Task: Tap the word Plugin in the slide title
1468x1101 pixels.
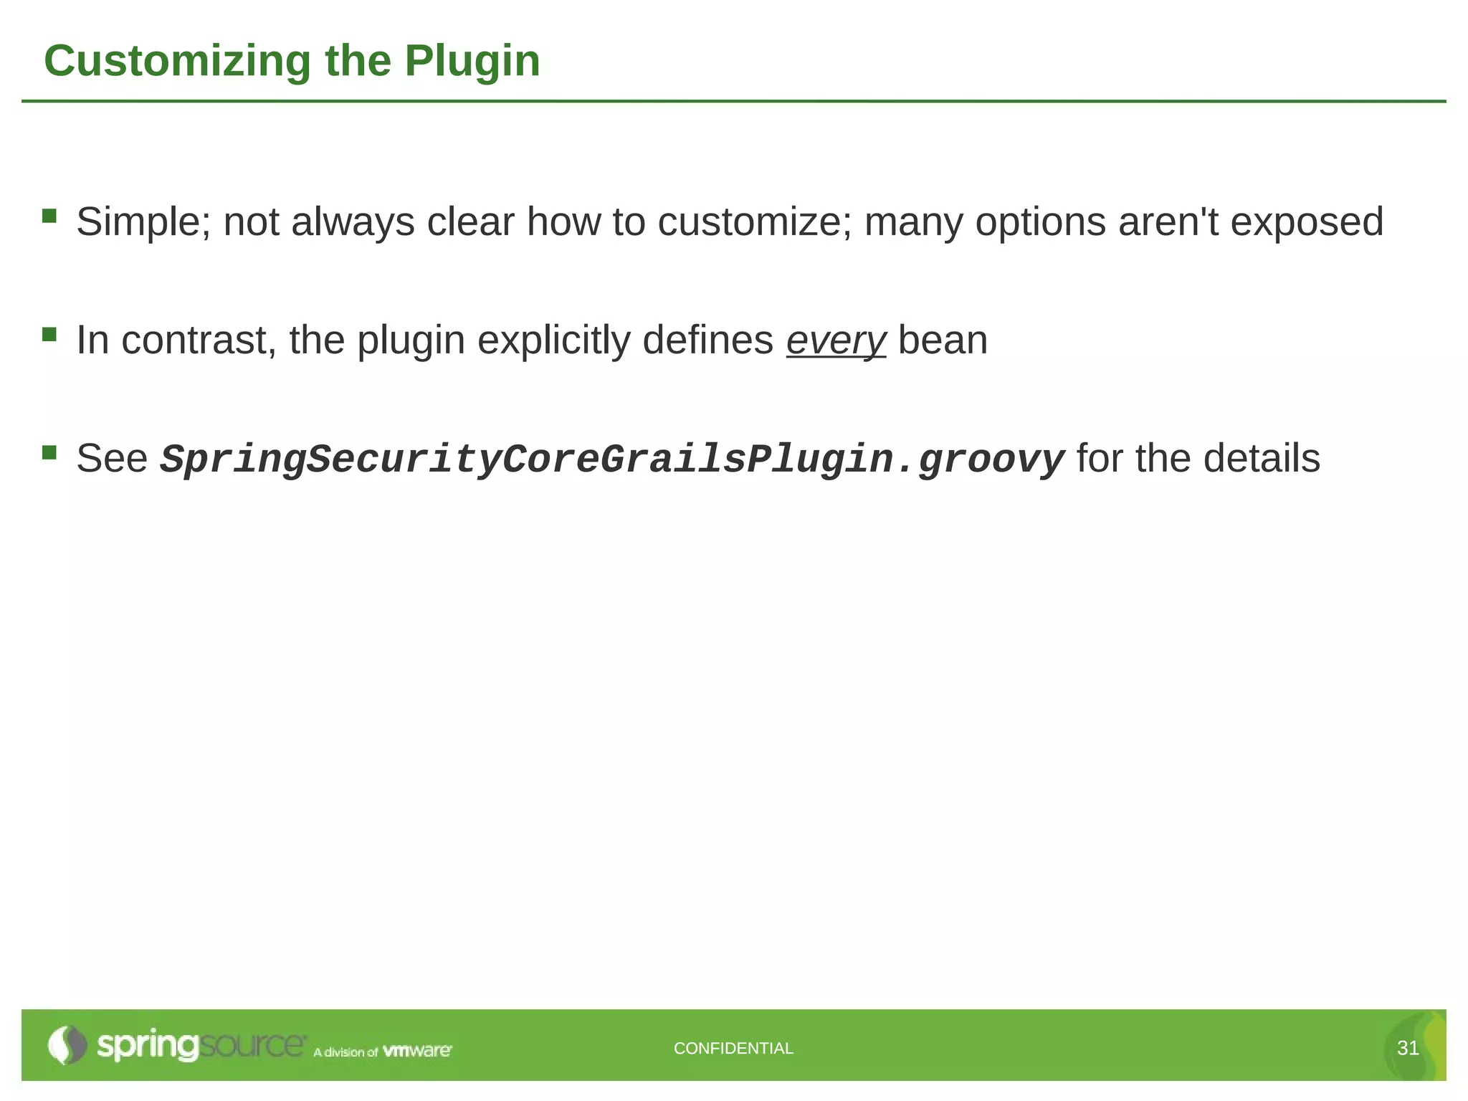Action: pos(472,61)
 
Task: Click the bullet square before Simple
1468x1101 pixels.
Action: pos(49,216)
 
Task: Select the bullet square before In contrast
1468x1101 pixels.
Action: pos(49,334)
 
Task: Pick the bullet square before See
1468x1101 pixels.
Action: pos(49,452)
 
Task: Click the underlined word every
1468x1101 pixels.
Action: pos(836,340)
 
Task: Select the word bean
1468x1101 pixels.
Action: pos(943,340)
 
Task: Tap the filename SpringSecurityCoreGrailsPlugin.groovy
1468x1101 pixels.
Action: pos(612,459)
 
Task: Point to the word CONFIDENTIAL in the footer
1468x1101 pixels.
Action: pos(733,1049)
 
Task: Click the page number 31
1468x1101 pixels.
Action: pos(1408,1049)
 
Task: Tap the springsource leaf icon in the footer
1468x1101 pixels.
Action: pos(66,1045)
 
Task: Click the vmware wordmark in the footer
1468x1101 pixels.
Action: pos(417,1051)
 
